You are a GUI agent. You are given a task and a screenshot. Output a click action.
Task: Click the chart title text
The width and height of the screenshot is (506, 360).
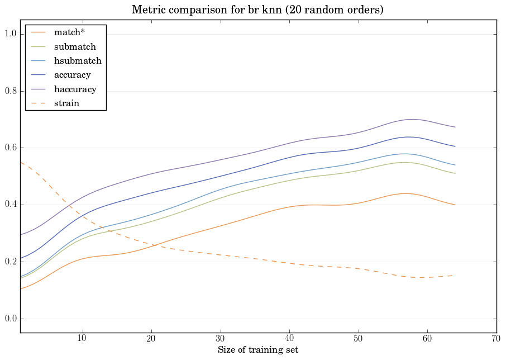tap(257, 10)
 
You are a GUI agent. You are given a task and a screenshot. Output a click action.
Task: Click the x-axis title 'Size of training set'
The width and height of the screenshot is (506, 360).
tap(257, 350)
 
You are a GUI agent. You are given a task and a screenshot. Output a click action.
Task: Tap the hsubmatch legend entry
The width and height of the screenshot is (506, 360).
tap(77, 60)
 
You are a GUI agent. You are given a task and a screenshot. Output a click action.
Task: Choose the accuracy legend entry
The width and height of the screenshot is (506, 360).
tap(72, 74)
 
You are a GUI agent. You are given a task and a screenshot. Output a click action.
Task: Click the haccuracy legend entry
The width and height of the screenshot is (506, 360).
tap(75, 89)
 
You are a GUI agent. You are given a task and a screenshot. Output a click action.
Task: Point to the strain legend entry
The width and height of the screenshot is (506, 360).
tap(66, 103)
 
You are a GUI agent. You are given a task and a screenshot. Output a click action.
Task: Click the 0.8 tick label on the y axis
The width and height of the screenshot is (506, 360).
tap(10, 91)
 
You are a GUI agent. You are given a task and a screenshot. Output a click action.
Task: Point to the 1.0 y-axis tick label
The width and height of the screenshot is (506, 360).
tap(10, 34)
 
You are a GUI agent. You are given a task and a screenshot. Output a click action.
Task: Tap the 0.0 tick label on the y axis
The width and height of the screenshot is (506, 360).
tap(10, 319)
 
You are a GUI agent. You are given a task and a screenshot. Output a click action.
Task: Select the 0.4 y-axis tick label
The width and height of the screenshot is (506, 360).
tap(10, 205)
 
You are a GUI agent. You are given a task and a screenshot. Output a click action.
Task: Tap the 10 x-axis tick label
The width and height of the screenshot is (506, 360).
tap(82, 339)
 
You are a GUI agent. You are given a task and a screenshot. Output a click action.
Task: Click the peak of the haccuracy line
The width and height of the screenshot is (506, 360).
tap(412, 119)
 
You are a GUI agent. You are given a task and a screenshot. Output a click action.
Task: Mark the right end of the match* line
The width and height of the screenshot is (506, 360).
tap(455, 205)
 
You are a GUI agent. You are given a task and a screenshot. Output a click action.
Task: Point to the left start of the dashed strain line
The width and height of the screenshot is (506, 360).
tap(21, 162)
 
